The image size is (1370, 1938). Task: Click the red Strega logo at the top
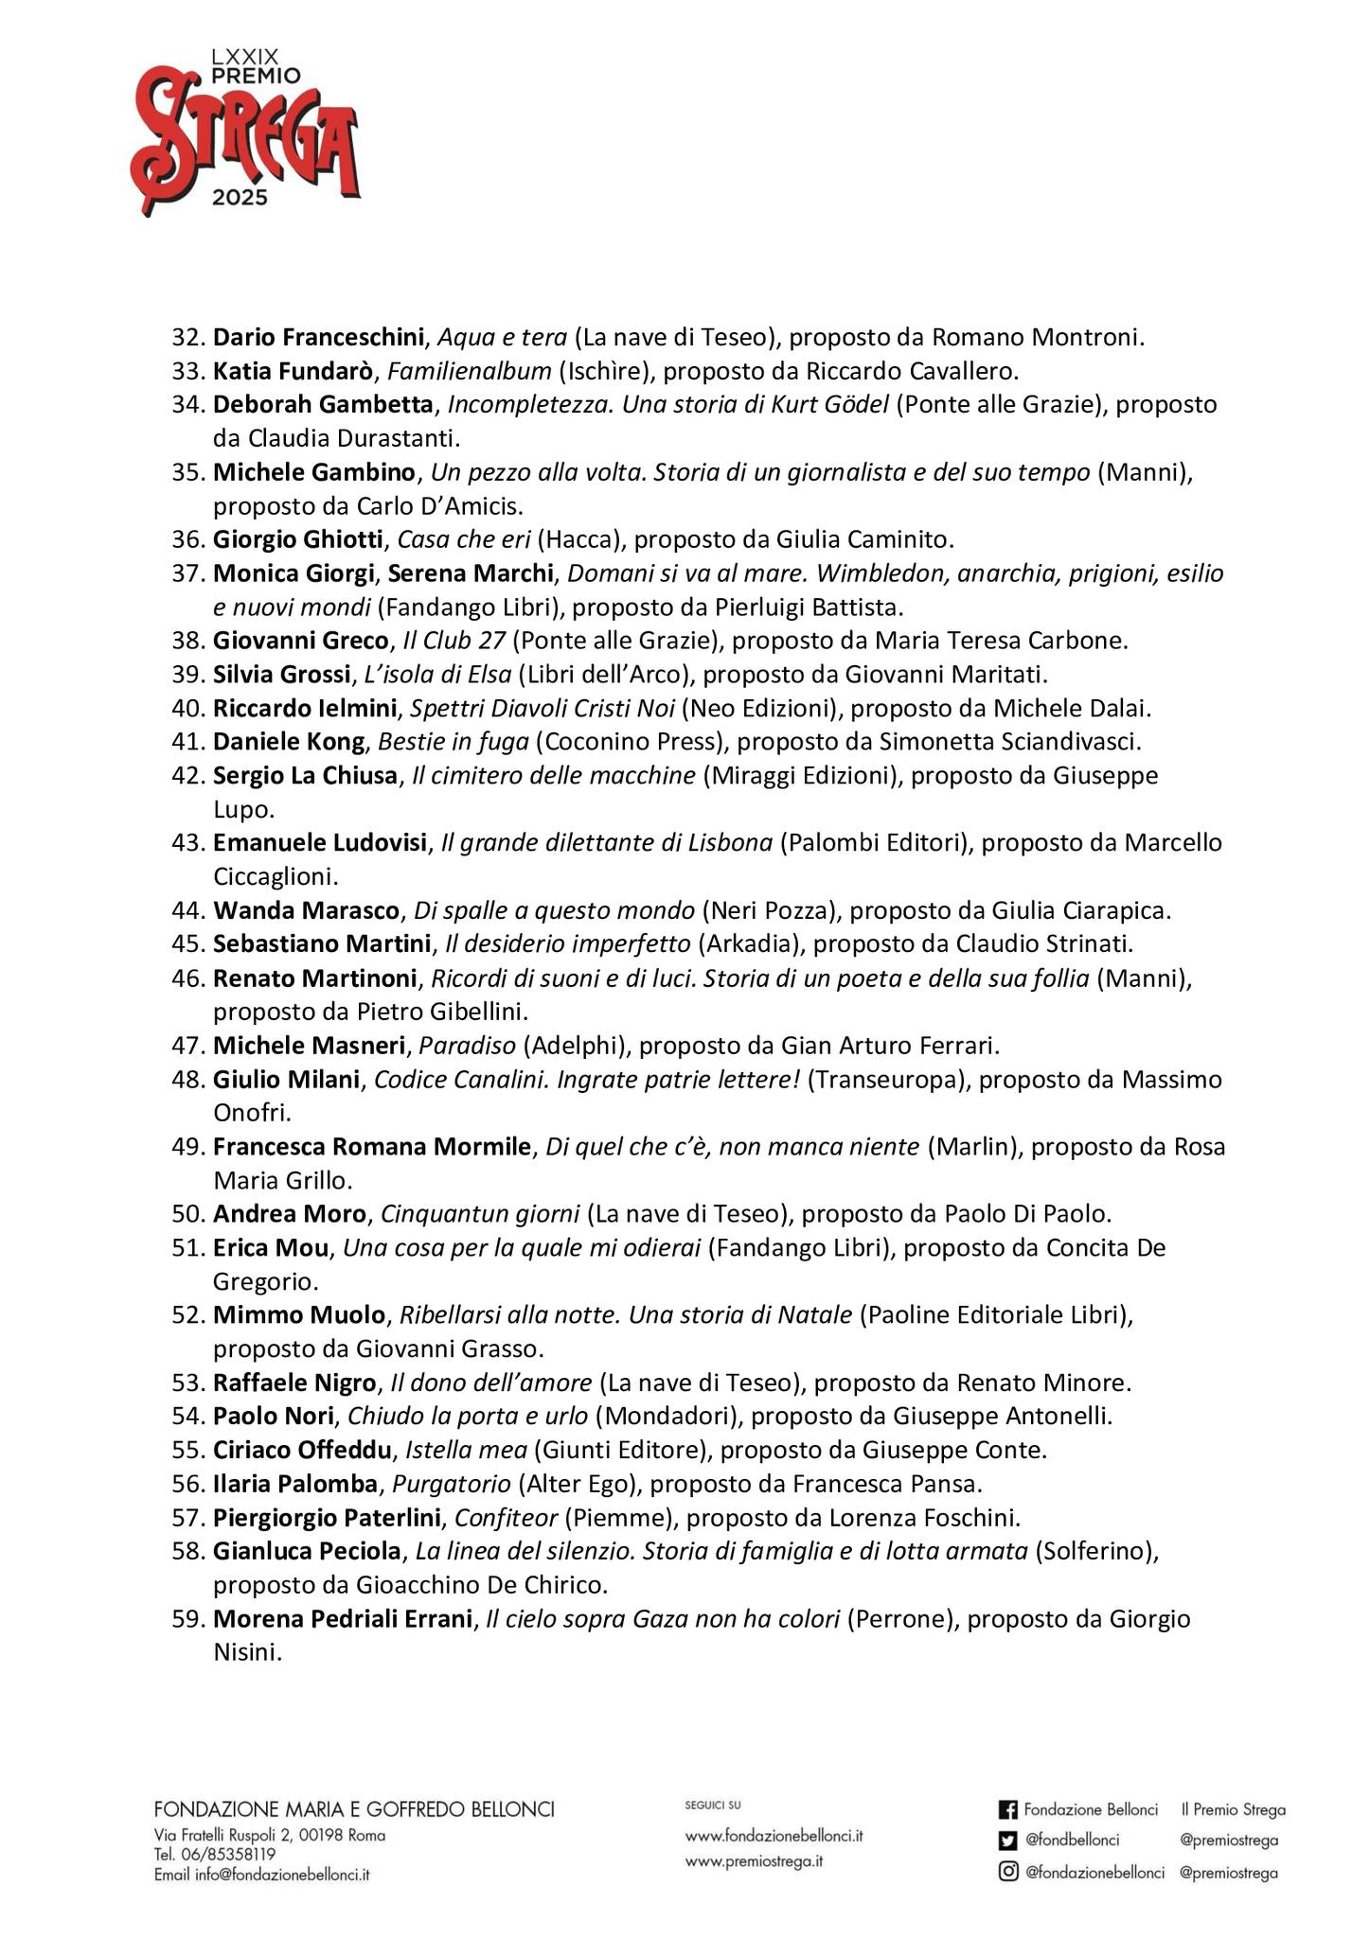(245, 132)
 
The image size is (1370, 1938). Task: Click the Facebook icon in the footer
(1008, 1810)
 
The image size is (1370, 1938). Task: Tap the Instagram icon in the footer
(1008, 1872)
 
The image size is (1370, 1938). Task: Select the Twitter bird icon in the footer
(1008, 1841)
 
